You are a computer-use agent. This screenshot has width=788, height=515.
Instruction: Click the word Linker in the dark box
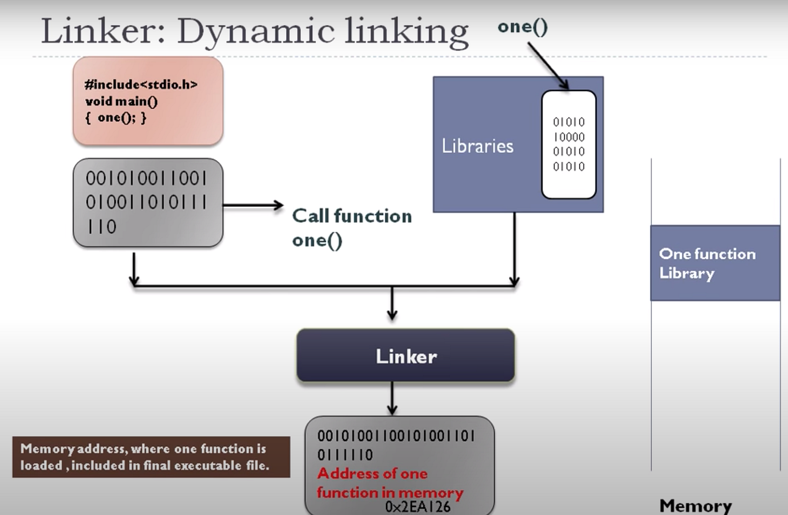[406, 356]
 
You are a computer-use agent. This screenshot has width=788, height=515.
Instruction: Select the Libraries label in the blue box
[477, 146]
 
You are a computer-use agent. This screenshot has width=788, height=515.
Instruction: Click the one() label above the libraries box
[522, 28]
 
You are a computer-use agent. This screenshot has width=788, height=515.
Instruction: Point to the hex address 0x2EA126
[417, 507]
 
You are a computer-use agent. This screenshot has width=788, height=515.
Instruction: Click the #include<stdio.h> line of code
[141, 85]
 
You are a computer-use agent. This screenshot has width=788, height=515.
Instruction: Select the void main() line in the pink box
[121, 101]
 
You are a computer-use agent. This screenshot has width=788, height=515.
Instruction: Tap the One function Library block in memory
[715, 263]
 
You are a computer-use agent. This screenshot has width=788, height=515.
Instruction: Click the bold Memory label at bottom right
[696, 506]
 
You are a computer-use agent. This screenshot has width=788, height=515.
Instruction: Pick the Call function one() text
[352, 228]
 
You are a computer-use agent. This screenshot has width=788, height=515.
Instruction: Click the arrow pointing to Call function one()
[252, 206]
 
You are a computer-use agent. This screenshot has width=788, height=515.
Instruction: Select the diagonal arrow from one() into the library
[547, 65]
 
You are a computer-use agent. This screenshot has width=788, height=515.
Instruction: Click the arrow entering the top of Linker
[392, 305]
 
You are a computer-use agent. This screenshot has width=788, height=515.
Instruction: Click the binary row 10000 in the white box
[569, 137]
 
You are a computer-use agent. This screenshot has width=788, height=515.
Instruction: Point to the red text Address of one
[372, 474]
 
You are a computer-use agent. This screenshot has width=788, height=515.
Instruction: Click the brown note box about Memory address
[151, 457]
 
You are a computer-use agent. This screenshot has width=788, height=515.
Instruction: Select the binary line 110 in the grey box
[101, 227]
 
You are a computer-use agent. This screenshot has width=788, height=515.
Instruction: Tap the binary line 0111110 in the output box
[345, 455]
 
